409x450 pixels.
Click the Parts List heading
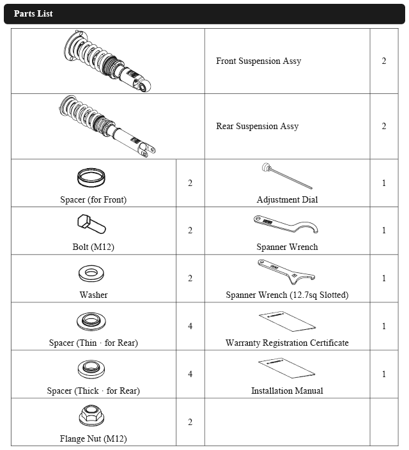tap(33, 13)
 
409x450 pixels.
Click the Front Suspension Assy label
tap(259, 61)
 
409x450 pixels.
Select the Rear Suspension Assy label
tap(257, 126)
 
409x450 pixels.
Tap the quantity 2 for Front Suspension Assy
tap(383, 61)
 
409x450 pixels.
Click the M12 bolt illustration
tap(91, 224)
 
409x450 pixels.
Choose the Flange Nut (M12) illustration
tap(91, 415)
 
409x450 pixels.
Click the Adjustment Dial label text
tap(287, 199)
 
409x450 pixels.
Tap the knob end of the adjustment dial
tap(266, 167)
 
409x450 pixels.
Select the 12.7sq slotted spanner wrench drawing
tap(286, 272)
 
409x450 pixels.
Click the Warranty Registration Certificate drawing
tap(288, 321)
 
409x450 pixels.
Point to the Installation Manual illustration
tap(287, 368)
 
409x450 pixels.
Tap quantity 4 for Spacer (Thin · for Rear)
tap(190, 326)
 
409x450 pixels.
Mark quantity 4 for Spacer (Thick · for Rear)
tap(190, 374)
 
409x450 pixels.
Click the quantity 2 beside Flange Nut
tap(190, 422)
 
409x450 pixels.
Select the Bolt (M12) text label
tap(93, 247)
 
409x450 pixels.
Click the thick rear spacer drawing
tap(91, 369)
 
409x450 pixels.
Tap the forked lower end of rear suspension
tap(148, 150)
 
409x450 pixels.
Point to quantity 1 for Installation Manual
tap(383, 374)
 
